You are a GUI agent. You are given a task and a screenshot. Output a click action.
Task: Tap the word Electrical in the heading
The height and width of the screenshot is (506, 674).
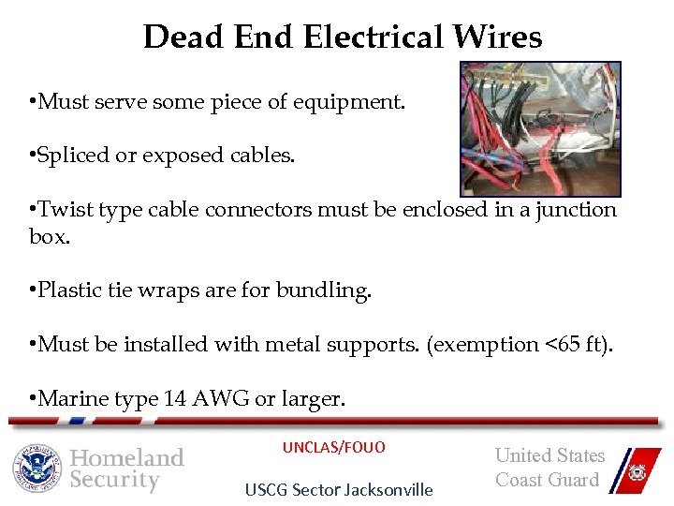(374, 37)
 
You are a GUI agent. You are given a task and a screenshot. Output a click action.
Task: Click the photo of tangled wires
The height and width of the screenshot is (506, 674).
(540, 128)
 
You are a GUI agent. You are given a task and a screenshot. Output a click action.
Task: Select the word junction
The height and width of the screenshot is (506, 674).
(576, 209)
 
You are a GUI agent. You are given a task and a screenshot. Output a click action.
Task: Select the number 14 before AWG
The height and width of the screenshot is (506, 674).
(174, 399)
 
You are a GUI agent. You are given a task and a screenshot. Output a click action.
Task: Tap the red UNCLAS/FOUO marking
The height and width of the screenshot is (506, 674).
(334, 448)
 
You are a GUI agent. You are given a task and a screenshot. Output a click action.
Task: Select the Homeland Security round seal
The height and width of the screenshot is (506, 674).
(37, 468)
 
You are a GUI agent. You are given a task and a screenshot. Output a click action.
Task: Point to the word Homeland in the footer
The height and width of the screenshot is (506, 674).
(127, 458)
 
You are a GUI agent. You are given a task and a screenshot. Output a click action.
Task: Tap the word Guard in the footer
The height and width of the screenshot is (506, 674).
(572, 480)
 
